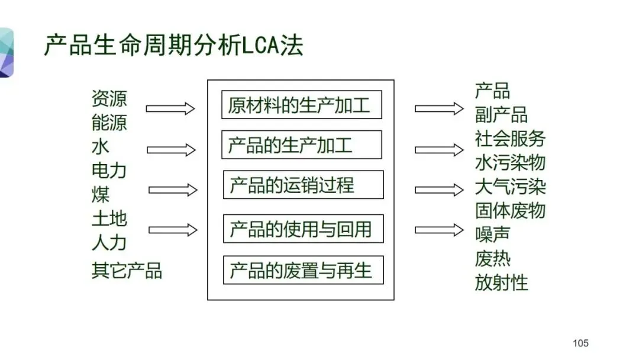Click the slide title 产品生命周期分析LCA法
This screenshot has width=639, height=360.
click(x=174, y=45)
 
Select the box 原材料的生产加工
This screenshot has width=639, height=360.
click(x=301, y=105)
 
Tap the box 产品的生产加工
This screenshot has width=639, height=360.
click(x=301, y=144)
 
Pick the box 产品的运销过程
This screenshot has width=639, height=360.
click(x=303, y=185)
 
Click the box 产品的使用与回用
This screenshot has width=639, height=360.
click(x=303, y=229)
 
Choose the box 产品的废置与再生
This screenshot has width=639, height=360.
click(x=303, y=270)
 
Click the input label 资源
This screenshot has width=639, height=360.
click(x=109, y=98)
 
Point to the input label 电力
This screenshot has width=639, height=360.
click(x=109, y=171)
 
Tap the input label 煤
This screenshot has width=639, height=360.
click(x=101, y=194)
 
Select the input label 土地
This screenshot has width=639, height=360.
click(x=109, y=218)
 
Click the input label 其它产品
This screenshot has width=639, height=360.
click(x=127, y=271)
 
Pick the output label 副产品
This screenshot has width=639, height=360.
click(x=501, y=114)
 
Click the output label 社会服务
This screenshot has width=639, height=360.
click(x=510, y=138)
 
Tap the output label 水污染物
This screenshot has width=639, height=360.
click(x=510, y=162)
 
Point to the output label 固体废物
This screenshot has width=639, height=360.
click(x=510, y=210)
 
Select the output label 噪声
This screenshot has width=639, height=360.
click(x=492, y=234)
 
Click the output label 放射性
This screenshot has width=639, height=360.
click(x=501, y=282)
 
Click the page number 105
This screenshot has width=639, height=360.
click(x=580, y=343)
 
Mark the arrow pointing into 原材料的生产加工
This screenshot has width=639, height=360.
click(x=170, y=108)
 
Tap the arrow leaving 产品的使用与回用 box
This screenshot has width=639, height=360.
click(x=439, y=230)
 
